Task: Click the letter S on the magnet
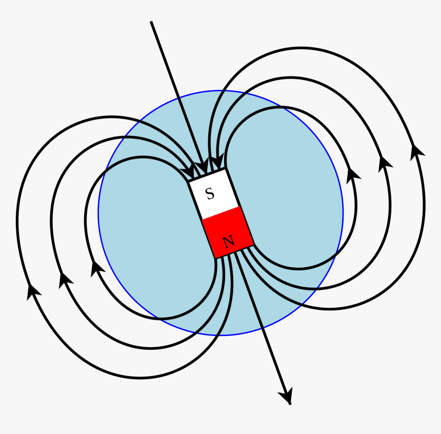click(x=210, y=193)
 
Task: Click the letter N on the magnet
click(x=228, y=242)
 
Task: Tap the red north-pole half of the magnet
click(x=228, y=232)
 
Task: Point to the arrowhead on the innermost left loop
click(x=96, y=268)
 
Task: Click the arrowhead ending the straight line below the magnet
click(x=287, y=396)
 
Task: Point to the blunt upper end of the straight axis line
click(x=151, y=22)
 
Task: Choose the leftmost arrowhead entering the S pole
click(x=188, y=171)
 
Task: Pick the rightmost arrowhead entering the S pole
click(x=218, y=161)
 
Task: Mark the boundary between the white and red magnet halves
click(x=221, y=213)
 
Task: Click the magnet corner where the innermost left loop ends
click(x=188, y=182)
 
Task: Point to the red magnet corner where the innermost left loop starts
click(x=216, y=258)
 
